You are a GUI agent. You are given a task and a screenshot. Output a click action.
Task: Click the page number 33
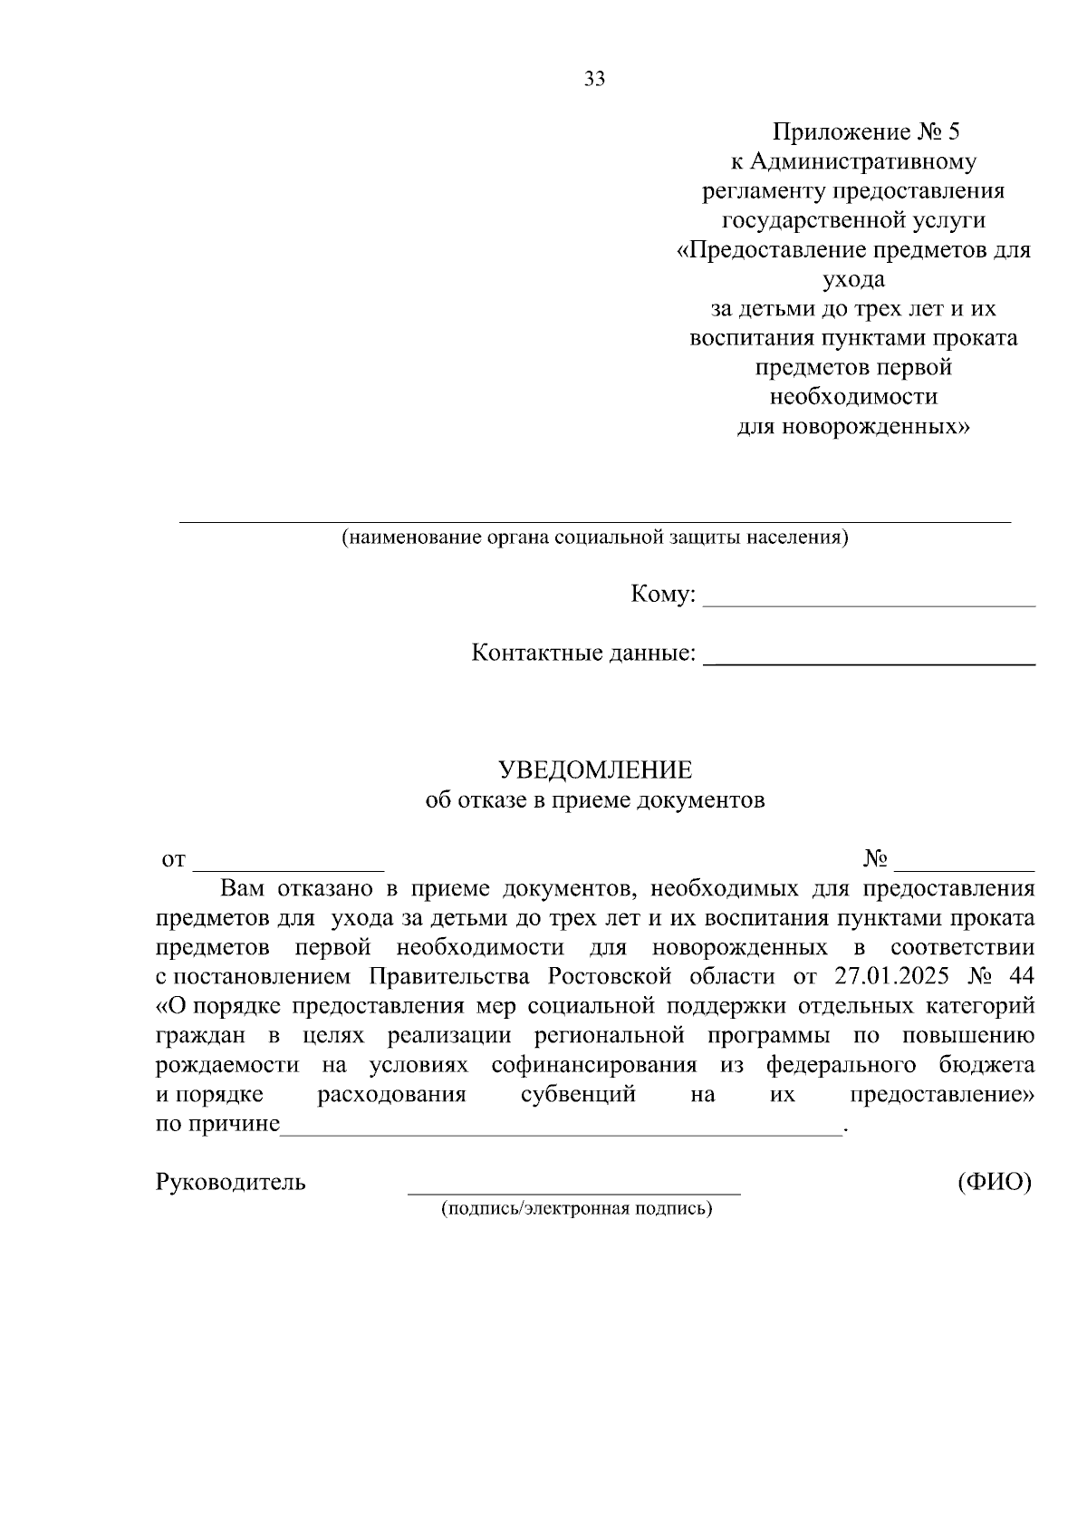click(594, 79)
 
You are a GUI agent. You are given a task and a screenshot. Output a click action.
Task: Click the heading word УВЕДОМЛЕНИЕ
click(595, 770)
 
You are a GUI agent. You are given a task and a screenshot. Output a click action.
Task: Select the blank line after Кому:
click(869, 598)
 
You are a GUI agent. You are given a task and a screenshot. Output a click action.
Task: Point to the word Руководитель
click(231, 1182)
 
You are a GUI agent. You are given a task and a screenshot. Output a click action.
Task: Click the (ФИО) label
click(995, 1182)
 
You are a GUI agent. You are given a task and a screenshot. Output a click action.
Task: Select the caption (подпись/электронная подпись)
click(576, 1208)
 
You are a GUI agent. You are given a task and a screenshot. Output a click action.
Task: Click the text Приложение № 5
click(865, 132)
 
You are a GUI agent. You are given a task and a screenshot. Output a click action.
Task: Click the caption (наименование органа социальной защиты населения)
click(594, 537)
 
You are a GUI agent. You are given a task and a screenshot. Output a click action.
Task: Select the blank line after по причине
click(562, 1127)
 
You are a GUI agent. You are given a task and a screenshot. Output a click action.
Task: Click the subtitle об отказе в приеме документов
click(595, 800)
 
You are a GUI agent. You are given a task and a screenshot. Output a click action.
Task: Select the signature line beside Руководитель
click(573, 1189)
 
